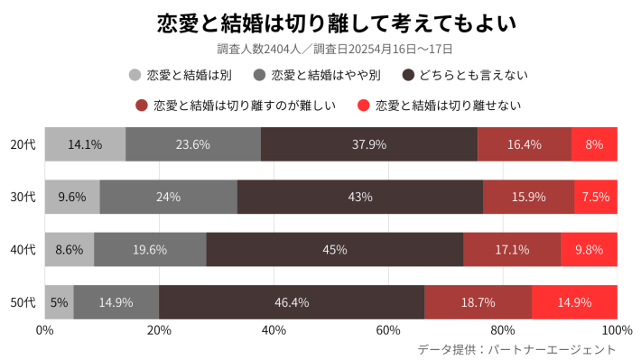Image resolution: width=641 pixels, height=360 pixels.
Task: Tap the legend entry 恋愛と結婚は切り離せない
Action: click(x=439, y=106)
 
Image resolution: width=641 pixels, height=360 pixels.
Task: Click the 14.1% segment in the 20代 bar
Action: click(x=85, y=144)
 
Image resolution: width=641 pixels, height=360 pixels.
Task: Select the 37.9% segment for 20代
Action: click(x=369, y=144)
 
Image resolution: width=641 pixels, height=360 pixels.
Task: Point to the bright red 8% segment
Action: click(x=594, y=144)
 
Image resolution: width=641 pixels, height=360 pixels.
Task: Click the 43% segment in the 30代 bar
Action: click(x=360, y=197)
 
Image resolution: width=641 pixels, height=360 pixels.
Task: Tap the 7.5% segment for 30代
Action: click(x=596, y=197)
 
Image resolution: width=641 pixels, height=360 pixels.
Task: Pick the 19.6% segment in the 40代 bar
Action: click(x=150, y=249)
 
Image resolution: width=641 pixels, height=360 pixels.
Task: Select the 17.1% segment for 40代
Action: click(x=512, y=249)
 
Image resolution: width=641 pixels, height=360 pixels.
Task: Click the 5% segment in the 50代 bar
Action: click(x=60, y=302)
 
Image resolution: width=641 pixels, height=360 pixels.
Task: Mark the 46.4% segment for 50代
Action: click(x=292, y=302)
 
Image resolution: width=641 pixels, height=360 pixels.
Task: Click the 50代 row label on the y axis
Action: click(x=23, y=302)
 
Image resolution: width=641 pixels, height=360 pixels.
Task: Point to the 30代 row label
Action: click(x=23, y=197)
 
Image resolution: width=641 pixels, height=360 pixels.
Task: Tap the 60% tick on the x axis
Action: click(x=388, y=330)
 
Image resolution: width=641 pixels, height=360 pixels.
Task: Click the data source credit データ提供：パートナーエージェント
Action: click(x=516, y=349)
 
